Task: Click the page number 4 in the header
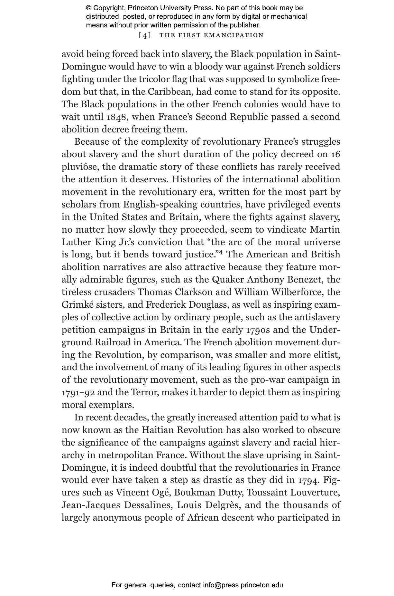[145, 35]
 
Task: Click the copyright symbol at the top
[88, 8]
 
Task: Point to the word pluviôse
[80, 167]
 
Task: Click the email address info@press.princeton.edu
[243, 585]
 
